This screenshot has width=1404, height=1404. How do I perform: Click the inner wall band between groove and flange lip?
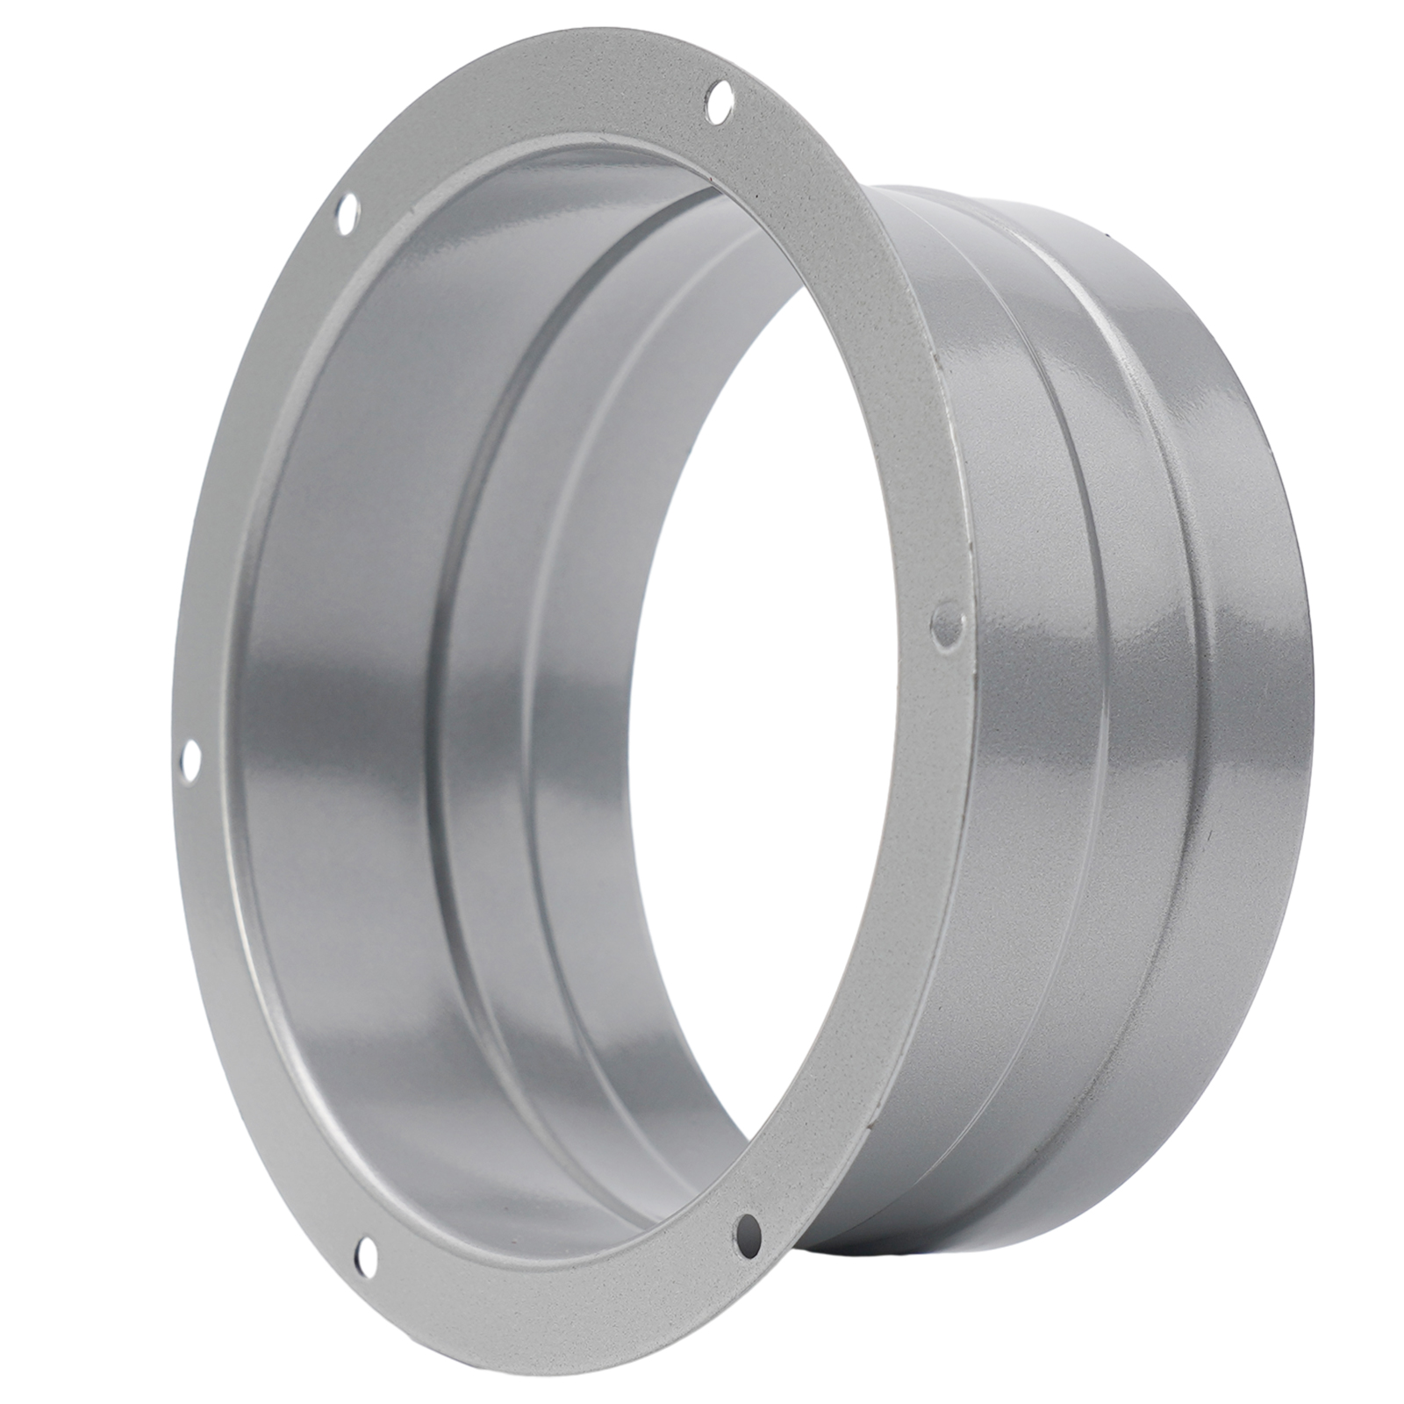tap(351, 702)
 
